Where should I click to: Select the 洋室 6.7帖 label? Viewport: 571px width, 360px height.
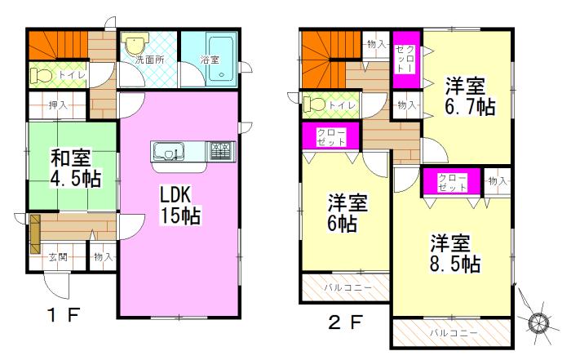(468, 96)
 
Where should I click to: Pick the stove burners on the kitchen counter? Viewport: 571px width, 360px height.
(220, 151)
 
